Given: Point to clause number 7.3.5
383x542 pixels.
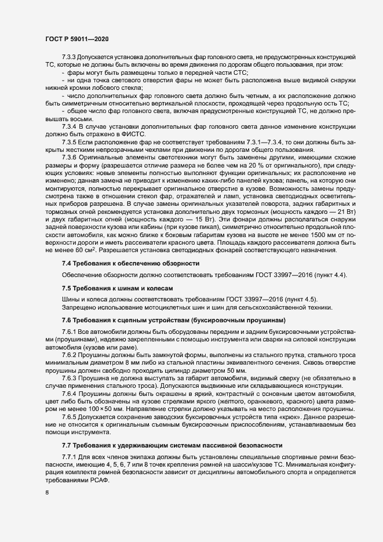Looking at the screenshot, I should (x=70, y=125).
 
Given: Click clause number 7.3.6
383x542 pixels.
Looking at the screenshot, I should (x=70, y=142).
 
